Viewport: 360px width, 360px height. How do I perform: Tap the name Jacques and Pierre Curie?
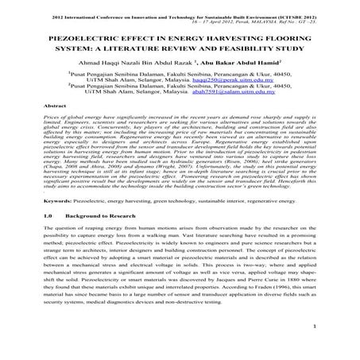point(241,296)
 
